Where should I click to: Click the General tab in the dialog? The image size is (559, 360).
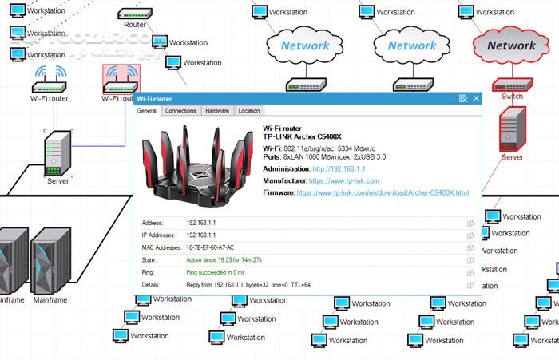[x=147, y=111]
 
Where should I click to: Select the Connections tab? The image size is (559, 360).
[x=180, y=111]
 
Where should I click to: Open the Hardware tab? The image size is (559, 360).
[x=216, y=111]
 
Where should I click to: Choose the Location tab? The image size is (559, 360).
[x=248, y=111]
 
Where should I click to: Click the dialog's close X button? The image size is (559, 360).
[x=476, y=98]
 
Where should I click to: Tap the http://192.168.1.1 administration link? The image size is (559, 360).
[x=339, y=169]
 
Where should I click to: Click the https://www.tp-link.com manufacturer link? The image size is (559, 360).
[x=343, y=181]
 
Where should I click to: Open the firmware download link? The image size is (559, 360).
[x=383, y=193]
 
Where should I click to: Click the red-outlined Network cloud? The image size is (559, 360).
[x=511, y=45]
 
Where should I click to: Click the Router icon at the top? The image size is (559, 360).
[x=135, y=14]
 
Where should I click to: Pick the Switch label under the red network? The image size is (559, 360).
[x=512, y=97]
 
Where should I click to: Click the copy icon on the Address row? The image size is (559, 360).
[x=470, y=224]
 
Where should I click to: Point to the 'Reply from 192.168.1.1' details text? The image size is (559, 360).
[x=248, y=284]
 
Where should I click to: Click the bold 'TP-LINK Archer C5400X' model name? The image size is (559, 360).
[x=307, y=136]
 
